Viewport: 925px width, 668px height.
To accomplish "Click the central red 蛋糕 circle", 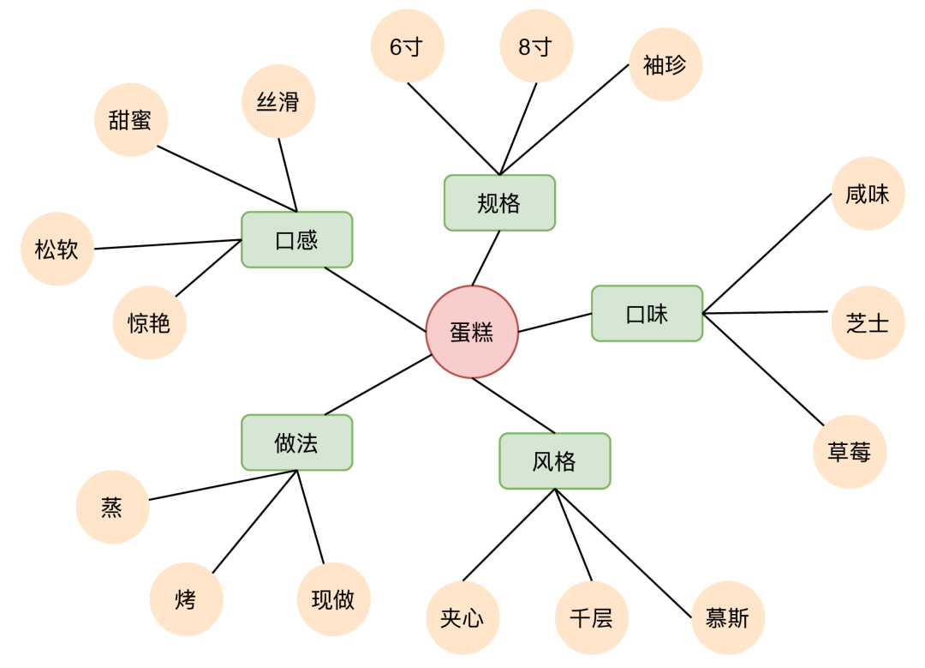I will pos(472,332).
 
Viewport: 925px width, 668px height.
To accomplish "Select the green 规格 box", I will pos(499,203).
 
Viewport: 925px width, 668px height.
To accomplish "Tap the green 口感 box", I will pos(296,240).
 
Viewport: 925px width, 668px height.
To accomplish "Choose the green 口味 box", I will pos(647,314).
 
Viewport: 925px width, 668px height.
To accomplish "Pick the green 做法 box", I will pos(296,442).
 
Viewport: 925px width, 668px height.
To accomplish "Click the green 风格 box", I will pos(554,461).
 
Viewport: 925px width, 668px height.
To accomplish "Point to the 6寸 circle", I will pos(407,47).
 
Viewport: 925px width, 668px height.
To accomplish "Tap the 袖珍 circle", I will pos(665,64).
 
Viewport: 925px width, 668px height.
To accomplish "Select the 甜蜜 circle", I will pos(130,120).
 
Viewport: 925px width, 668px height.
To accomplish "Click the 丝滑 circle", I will pos(278,101).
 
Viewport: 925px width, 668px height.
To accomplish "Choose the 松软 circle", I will pos(57,250).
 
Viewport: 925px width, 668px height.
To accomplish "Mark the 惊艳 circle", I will pos(149,322).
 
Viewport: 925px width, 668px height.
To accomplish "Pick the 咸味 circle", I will pos(867,194).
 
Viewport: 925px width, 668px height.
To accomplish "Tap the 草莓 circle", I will pos(849,452).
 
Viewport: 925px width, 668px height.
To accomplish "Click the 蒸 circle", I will pos(112,508).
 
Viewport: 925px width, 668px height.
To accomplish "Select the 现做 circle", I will pos(333,599).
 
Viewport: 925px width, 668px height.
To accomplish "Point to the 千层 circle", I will pos(591,617).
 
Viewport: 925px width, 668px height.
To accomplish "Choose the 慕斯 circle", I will pos(727,617).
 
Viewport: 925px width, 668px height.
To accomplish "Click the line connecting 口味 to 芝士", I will pos(767,313).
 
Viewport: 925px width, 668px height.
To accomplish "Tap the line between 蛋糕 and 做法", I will pos(377,385).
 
